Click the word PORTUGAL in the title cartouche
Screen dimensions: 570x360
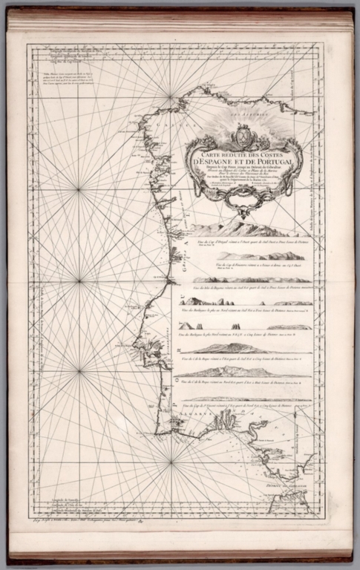(x=272, y=162)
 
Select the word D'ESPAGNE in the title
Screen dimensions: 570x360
(x=217, y=162)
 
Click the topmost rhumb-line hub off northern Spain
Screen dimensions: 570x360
(x=171, y=94)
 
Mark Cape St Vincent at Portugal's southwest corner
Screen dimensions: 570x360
(x=157, y=433)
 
